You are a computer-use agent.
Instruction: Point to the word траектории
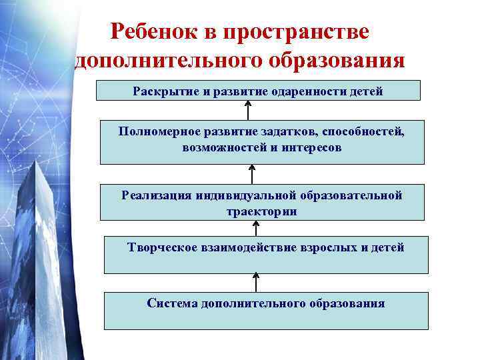pos(261,211)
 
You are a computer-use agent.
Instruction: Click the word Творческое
pos(159,248)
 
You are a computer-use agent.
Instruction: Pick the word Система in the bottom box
pos(172,303)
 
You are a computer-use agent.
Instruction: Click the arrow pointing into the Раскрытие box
pos(248,111)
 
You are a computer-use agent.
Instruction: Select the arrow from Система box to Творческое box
pos(256,281)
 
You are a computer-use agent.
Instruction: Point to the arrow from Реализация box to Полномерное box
pos(252,174)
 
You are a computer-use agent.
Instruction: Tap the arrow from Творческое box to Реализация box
pos(256,227)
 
